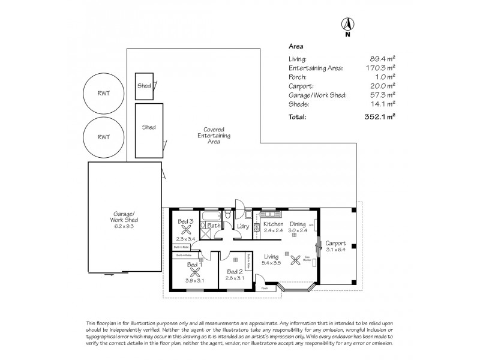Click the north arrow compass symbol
click(x=347, y=25)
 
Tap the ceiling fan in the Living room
click(x=295, y=260)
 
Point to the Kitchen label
click(x=274, y=224)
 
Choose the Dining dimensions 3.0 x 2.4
click(x=298, y=230)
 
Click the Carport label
click(x=335, y=243)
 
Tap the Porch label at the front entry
click(x=265, y=288)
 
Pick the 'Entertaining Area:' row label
click(x=316, y=68)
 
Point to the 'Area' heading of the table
click(x=296, y=46)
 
